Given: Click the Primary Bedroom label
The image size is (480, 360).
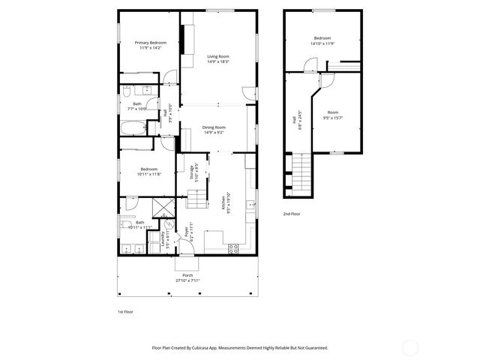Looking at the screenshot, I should [x=151, y=43].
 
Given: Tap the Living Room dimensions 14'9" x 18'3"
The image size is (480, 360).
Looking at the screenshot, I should [x=218, y=61].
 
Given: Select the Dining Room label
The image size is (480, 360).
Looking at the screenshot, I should [x=214, y=127].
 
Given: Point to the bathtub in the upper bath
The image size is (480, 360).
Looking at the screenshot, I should [x=132, y=128].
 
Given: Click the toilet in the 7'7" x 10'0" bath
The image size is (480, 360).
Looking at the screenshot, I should [x=127, y=91].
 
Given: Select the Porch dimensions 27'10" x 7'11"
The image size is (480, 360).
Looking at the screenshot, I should [x=187, y=280].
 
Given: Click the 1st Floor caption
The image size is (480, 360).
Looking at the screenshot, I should [x=125, y=310].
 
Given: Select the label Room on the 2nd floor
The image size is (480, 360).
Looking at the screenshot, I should [x=331, y=112].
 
